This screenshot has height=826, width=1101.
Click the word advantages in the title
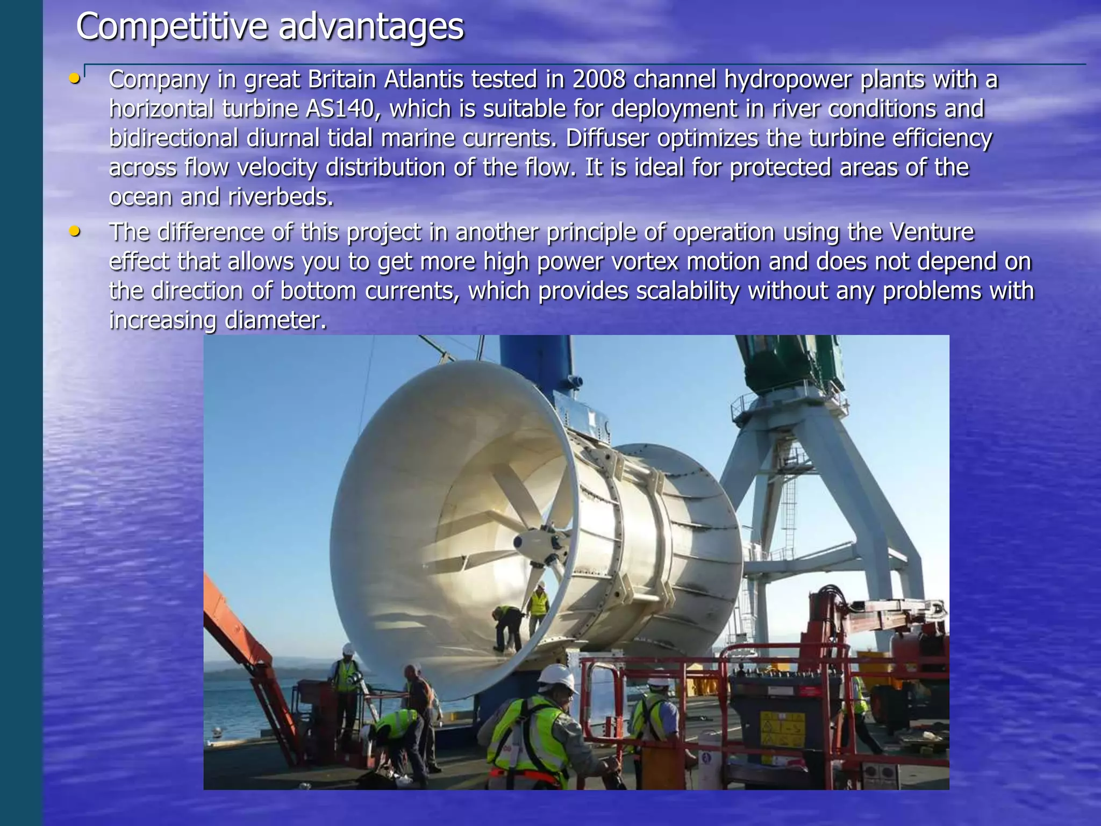(x=371, y=27)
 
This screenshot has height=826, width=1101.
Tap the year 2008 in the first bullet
(x=598, y=80)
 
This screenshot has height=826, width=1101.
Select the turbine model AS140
(x=339, y=109)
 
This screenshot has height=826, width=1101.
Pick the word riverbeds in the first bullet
(x=280, y=197)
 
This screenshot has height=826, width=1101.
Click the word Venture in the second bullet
(x=931, y=232)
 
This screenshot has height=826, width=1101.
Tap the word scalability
(x=688, y=291)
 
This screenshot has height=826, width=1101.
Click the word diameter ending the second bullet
(x=275, y=321)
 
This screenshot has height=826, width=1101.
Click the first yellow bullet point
(x=74, y=79)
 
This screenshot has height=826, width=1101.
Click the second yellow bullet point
(x=74, y=232)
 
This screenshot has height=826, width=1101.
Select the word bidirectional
(x=173, y=138)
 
